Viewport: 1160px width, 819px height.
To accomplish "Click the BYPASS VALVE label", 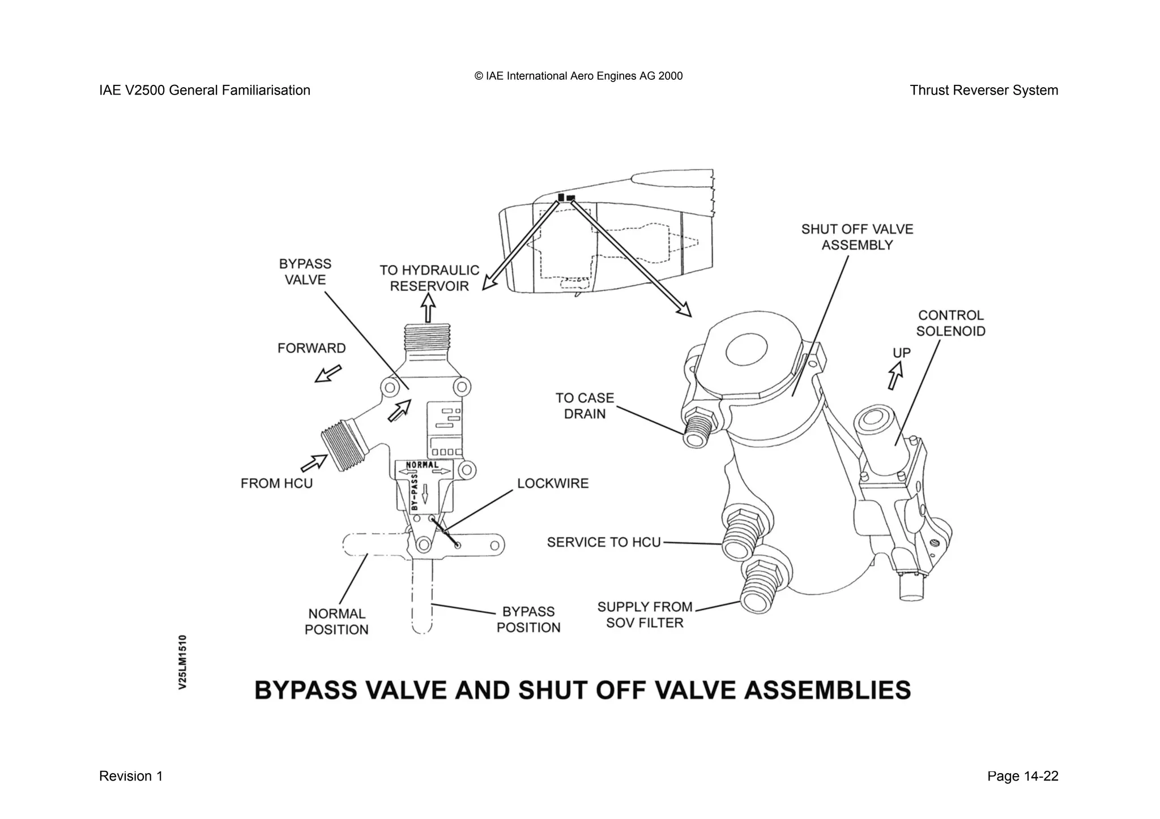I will coord(305,272).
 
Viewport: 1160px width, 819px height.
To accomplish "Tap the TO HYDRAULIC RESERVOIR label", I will coord(429,278).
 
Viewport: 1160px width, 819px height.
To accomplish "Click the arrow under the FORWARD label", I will coord(329,374).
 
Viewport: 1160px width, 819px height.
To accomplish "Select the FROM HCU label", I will coord(276,483).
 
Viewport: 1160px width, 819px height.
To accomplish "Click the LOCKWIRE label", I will coord(553,483).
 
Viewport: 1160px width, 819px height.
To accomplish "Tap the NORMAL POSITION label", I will coord(336,621).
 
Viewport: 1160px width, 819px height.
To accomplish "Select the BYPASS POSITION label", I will coord(528,619).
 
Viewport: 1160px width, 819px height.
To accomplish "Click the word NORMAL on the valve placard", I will coord(423,465).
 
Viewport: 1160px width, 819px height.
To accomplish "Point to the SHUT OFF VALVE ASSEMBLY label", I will coord(857,237).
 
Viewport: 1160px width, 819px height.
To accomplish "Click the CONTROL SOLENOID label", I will coord(950,323).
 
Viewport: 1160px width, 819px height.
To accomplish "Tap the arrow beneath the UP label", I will coord(895,375).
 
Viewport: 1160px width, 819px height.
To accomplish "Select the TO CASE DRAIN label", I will coord(585,406).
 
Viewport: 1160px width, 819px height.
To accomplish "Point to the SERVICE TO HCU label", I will coord(604,542).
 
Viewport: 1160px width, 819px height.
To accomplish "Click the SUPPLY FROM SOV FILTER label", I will coord(645,615).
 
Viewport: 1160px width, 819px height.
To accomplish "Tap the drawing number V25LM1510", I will coord(182,662).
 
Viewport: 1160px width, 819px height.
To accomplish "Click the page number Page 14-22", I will coord(1022,776).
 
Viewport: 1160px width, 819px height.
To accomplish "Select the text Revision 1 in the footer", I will coord(131,776).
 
